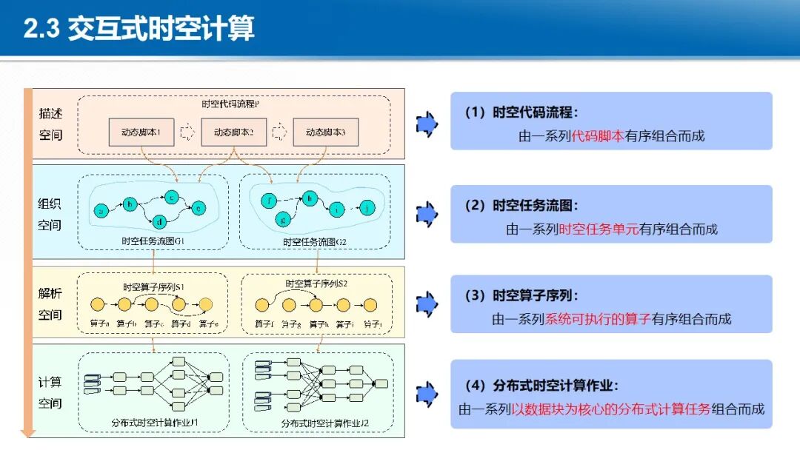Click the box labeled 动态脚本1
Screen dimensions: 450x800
click(141, 133)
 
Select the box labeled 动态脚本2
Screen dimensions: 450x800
click(233, 133)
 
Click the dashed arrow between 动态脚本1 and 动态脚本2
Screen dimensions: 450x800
click(188, 133)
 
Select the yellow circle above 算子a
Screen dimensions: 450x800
click(97, 304)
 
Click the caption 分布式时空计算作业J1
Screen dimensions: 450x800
click(159, 423)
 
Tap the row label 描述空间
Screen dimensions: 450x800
click(50, 124)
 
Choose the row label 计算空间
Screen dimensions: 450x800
click(50, 392)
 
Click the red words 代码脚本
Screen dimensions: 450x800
click(599, 136)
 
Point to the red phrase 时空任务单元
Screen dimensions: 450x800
click(599, 229)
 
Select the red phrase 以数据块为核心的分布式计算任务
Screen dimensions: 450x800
click(610, 409)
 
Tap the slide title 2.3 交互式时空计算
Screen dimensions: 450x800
click(139, 29)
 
